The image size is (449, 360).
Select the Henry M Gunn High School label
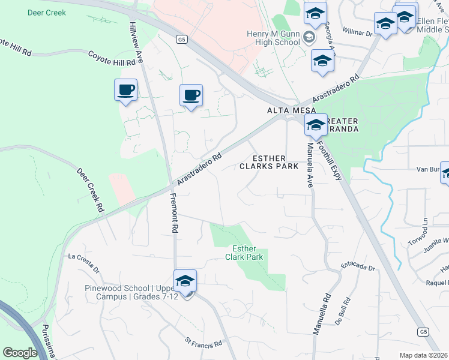[x=273, y=38]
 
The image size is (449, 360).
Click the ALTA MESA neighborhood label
[x=288, y=111]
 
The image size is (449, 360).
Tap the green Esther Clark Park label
[x=248, y=253]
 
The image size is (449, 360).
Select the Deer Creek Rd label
[x=91, y=189]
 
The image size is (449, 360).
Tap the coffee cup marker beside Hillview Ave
[x=125, y=91]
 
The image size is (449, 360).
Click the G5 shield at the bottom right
[x=424, y=331]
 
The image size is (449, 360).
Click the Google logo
[x=20, y=353]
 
